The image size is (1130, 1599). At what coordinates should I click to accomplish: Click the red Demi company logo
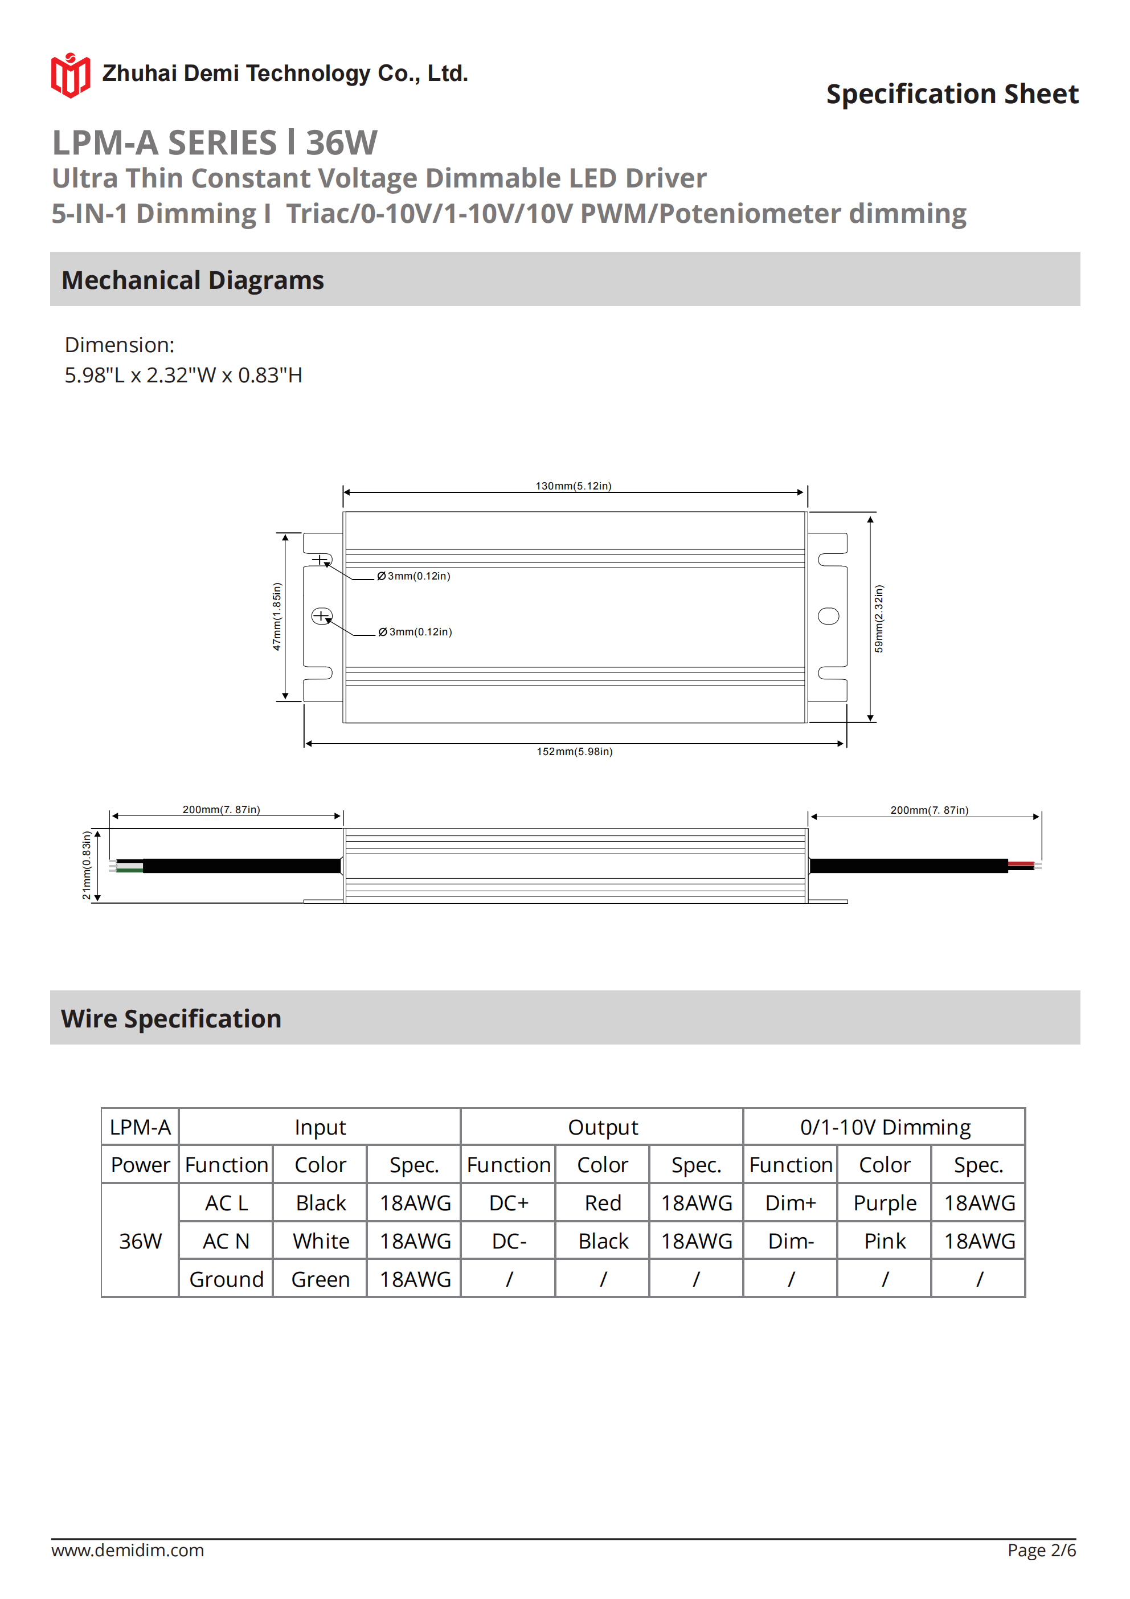(70, 75)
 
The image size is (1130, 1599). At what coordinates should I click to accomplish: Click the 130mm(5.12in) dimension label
(573, 486)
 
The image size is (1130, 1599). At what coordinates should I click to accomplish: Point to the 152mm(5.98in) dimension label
(575, 752)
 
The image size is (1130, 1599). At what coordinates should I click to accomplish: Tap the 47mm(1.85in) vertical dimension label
(276, 617)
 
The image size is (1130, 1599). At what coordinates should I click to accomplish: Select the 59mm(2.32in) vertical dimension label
(879, 618)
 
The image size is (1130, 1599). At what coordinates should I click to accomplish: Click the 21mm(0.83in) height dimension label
(87, 865)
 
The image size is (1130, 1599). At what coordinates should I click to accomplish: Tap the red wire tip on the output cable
(1021, 863)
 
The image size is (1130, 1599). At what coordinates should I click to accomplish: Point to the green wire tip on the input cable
(129, 870)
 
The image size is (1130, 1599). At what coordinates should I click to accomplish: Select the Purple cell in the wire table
(885, 1203)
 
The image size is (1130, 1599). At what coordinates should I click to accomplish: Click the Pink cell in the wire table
(885, 1241)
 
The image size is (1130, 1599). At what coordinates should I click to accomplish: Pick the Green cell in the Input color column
(320, 1279)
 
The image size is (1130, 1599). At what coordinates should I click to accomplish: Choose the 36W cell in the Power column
(140, 1241)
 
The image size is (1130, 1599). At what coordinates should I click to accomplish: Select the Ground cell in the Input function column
(226, 1279)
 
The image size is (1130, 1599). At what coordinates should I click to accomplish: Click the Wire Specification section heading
(171, 1018)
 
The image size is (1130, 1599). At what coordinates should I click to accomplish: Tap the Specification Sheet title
(952, 94)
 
